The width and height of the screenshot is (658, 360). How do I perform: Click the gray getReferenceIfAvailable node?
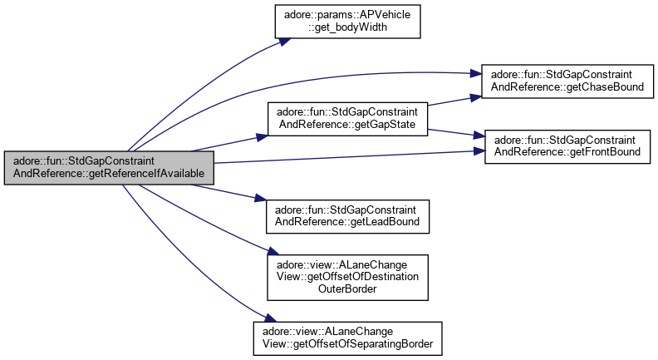point(109,169)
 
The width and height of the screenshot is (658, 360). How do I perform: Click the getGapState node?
point(346,119)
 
